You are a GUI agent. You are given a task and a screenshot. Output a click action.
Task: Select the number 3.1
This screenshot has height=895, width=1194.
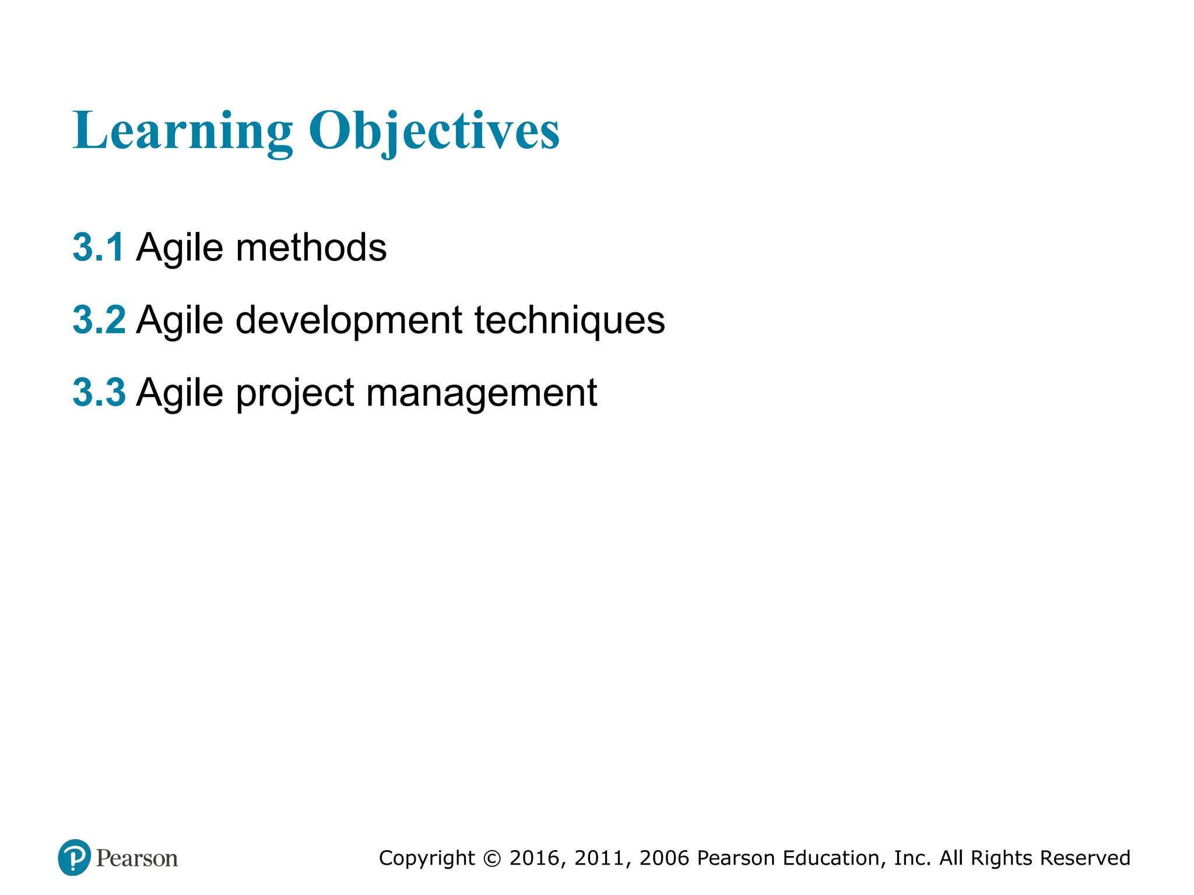[x=98, y=247]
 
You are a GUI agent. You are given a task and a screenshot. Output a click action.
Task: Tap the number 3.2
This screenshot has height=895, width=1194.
[x=99, y=320]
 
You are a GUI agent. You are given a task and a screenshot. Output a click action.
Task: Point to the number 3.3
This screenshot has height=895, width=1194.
[x=99, y=392]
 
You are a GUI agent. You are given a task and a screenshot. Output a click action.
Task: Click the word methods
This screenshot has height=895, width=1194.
[x=311, y=247]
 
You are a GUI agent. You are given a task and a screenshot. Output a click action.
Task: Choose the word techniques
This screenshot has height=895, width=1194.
[x=570, y=320]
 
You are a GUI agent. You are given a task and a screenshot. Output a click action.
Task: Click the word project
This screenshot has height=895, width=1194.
[x=296, y=393]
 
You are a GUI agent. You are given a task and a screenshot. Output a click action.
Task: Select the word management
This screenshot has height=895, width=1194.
[x=482, y=393]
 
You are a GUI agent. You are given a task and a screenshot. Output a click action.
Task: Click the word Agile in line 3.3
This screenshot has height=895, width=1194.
[x=180, y=393]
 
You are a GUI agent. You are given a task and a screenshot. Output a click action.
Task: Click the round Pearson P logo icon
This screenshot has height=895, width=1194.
[x=74, y=858]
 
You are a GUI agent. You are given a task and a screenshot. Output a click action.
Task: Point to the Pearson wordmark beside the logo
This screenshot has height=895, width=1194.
[x=137, y=858]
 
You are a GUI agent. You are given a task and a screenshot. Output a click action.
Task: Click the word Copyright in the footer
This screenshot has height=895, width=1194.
[x=427, y=858]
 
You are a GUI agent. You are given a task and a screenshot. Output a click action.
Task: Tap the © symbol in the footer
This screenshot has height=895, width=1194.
[x=493, y=858]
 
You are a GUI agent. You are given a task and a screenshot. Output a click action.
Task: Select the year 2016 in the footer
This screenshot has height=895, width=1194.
[x=535, y=858]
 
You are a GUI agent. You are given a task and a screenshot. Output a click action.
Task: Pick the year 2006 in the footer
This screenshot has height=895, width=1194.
[x=665, y=858]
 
